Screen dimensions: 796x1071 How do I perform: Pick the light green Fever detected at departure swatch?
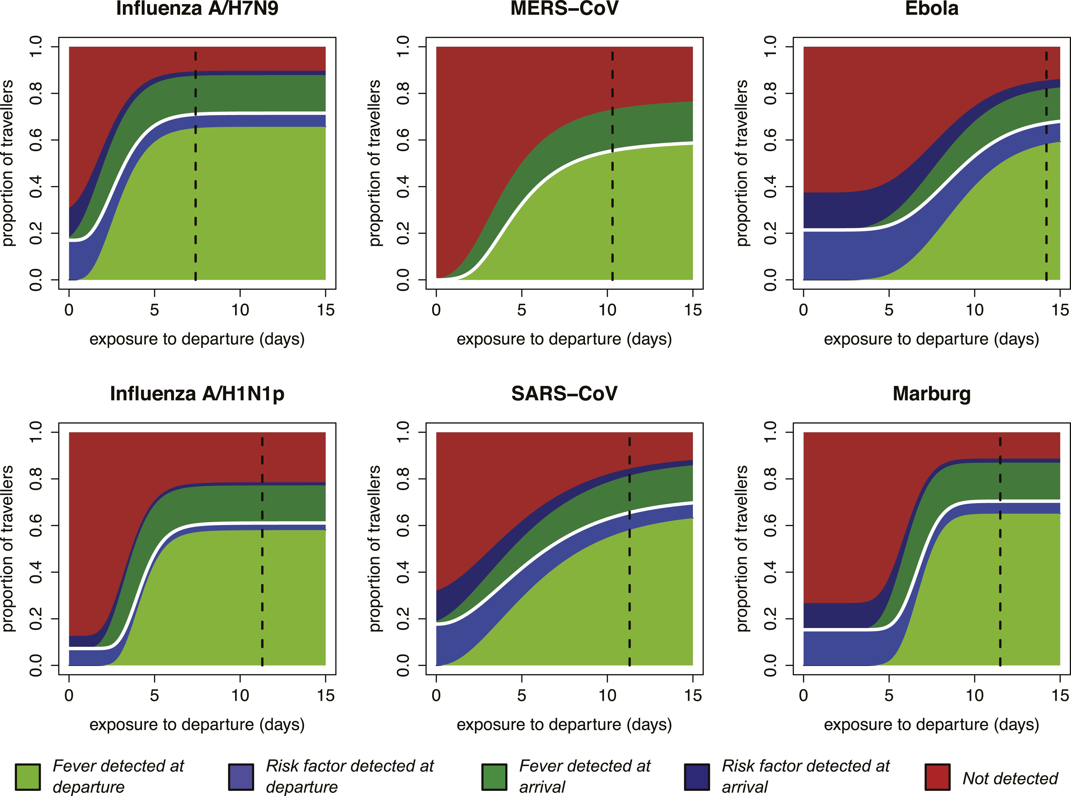click(27, 777)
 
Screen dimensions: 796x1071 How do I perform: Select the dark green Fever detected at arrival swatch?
click(494, 777)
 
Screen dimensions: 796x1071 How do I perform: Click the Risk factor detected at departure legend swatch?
click(241, 777)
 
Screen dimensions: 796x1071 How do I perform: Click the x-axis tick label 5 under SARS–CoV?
click(522, 695)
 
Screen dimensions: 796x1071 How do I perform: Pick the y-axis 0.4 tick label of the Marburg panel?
click(770, 572)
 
